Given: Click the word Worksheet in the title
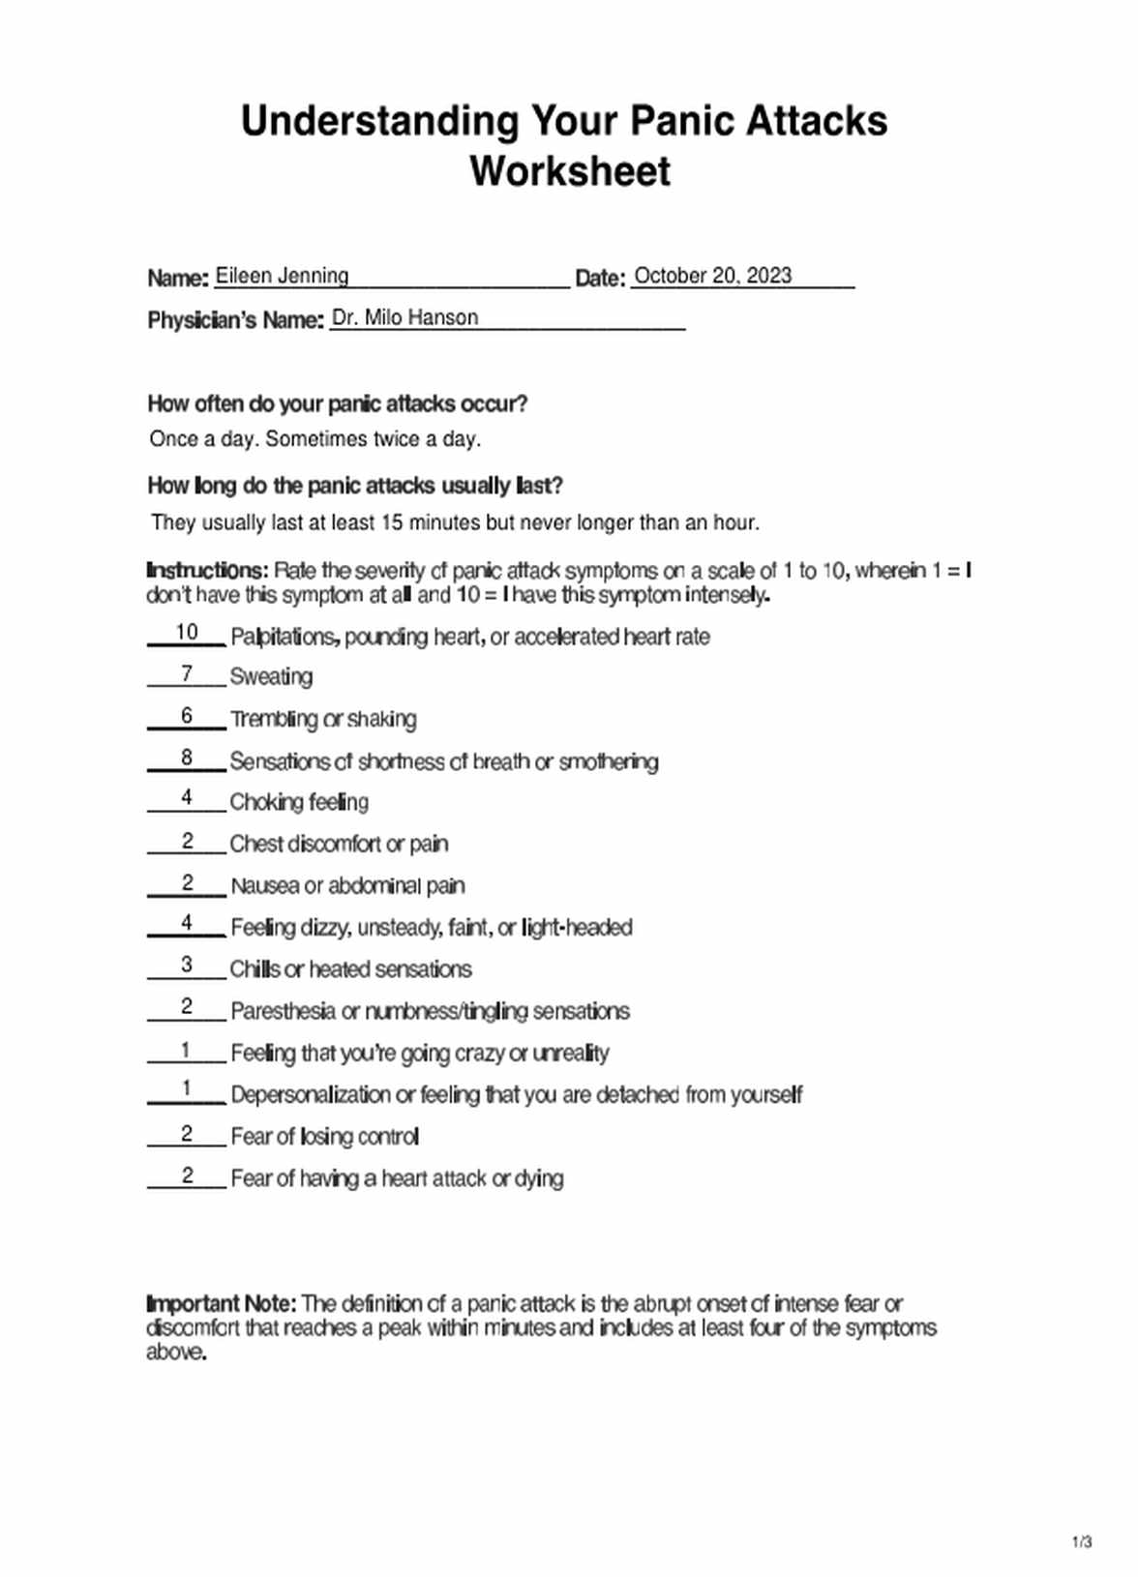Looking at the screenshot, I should point(570,171).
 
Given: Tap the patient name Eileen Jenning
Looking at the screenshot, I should point(282,276).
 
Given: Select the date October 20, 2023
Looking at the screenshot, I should point(712,276).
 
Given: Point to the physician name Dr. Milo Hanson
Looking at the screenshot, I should point(404,317).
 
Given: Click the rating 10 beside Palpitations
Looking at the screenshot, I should point(187,633).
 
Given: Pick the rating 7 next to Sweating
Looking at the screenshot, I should point(187,673).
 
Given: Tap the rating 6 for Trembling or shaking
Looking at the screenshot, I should point(187,715).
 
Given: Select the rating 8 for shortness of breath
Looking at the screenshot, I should point(187,758).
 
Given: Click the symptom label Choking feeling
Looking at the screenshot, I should point(299,802).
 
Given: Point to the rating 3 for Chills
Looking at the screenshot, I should point(187,965).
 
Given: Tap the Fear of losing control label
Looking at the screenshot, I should point(324,1137).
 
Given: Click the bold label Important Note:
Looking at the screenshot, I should point(222,1303).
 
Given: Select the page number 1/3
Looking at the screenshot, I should point(1082,1542).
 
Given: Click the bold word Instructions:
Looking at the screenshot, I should point(207,571).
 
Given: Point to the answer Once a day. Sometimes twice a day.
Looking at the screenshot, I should point(315,439).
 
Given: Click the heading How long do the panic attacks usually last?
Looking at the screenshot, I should point(355,486).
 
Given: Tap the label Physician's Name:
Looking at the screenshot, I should point(235,319).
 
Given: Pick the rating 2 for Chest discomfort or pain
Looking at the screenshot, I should point(187,842).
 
